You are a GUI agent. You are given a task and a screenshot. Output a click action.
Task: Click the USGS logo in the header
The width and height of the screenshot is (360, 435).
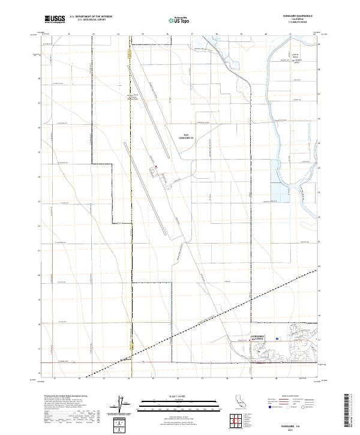pos(55,19)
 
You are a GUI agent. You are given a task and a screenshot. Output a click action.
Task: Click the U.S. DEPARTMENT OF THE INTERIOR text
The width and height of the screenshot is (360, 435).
pos(91,16)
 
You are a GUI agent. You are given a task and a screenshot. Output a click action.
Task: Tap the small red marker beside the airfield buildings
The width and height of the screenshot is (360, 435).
pos(156,167)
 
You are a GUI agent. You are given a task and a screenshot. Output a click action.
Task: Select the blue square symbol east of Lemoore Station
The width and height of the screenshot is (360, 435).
pos(277,338)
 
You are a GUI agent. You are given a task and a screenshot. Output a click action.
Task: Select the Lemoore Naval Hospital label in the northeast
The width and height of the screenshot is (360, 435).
pos(295,59)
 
